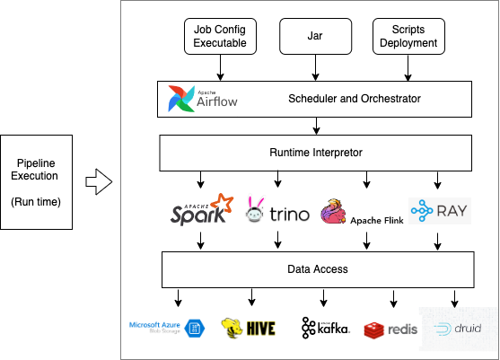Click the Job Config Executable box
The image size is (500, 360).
click(x=220, y=37)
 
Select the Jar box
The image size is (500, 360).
click(x=315, y=37)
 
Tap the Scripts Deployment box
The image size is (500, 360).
click(x=408, y=37)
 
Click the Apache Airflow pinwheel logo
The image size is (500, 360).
click(x=181, y=100)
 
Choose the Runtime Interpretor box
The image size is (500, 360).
click(x=315, y=153)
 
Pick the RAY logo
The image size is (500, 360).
click(x=439, y=211)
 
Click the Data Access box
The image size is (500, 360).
click(x=315, y=268)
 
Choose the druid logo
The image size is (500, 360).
click(x=458, y=329)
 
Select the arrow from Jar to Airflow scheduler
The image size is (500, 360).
click(x=315, y=68)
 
